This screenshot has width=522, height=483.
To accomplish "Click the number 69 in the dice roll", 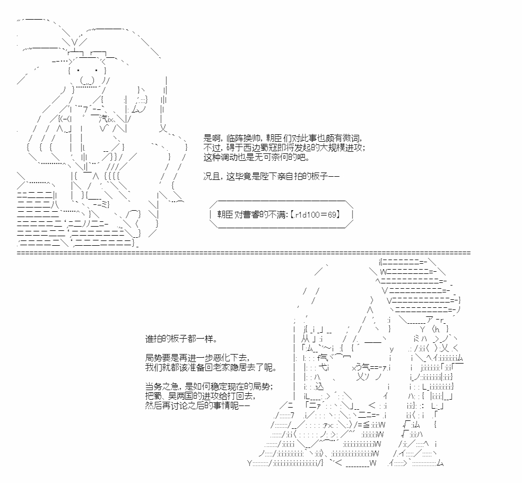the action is (332, 214).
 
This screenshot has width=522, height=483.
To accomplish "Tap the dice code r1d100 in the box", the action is (306, 214).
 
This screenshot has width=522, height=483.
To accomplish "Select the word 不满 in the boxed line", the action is (277, 214).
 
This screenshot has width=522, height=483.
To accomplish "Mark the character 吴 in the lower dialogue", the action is (171, 396).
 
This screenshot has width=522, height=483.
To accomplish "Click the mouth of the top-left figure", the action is (87, 81).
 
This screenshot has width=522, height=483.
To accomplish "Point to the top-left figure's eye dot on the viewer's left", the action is (78, 70).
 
